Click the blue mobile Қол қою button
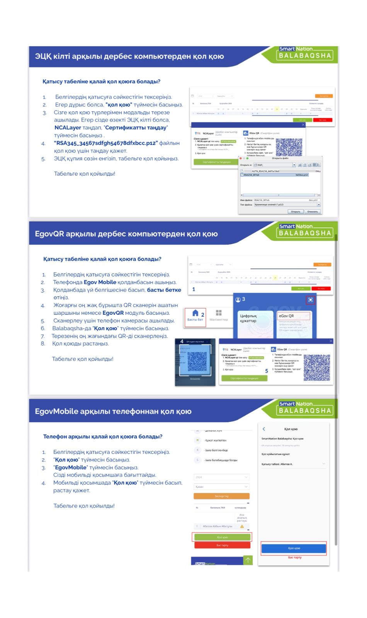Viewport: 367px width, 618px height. coord(294,548)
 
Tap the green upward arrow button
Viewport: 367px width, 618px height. coord(248,560)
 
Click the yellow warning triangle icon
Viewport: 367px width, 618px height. coord(242,526)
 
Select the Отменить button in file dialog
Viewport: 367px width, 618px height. coord(313,212)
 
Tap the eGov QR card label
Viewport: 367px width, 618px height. coord(286,316)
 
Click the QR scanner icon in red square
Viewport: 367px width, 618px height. coord(310,300)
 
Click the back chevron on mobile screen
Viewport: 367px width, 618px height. coord(264,429)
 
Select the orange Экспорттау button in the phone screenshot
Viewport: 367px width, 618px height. coord(221,496)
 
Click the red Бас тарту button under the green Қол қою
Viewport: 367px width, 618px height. coord(222,545)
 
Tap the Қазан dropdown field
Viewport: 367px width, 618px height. coord(221,487)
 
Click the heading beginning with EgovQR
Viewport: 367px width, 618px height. coord(126,234)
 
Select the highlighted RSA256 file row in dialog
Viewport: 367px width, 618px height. coord(274,175)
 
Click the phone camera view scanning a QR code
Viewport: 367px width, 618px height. coord(195,362)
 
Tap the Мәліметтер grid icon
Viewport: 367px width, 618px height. coord(219,313)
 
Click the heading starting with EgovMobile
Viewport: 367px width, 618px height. coord(113,411)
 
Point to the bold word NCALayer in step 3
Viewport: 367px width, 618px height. coord(68,127)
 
